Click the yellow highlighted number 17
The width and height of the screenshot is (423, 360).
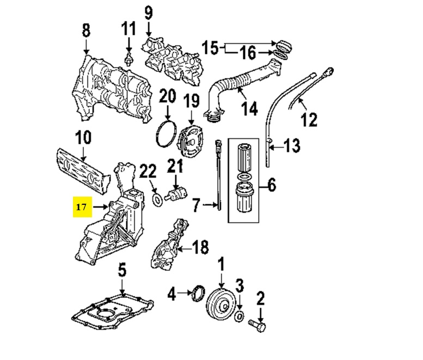pos(81,207)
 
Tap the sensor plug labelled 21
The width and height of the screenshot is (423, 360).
pos(176,193)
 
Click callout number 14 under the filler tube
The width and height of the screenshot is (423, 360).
pos(249,108)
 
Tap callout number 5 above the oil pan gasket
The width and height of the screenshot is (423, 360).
pos(122,270)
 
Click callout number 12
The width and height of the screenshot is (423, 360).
pos(309,119)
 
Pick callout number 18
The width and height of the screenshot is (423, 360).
pos(200,248)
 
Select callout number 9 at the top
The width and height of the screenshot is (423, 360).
pos(149,12)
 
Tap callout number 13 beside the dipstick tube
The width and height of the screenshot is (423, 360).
pos(292,145)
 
